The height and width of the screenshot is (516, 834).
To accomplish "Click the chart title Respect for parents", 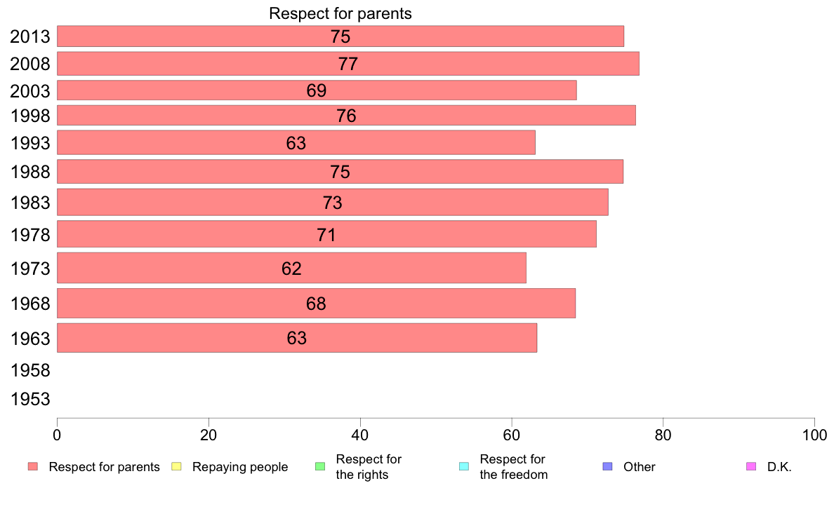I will [340, 14].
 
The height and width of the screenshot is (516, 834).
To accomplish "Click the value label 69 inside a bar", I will [317, 90].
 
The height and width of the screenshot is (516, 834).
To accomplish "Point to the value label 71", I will [326, 235].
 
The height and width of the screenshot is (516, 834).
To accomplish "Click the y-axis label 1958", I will [30, 370].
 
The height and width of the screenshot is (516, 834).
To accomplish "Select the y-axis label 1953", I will [30, 400].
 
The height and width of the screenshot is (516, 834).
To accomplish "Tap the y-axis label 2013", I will [30, 36].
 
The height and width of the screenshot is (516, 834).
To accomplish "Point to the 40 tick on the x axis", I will [360, 435].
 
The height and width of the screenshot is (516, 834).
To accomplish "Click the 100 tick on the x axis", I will [814, 435].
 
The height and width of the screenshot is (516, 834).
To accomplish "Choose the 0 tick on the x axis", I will [57, 435].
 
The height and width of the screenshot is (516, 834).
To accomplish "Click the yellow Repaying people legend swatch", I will [177, 467].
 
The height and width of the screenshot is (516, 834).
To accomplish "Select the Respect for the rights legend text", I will [369, 467].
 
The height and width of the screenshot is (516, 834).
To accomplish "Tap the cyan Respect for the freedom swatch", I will [463, 467].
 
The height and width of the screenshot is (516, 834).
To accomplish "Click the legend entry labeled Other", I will [639, 467].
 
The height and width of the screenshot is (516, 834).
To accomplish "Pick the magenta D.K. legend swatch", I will [751, 467].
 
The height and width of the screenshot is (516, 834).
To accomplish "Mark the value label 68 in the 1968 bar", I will [317, 304].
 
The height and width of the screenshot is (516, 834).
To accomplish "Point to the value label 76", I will [346, 116].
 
